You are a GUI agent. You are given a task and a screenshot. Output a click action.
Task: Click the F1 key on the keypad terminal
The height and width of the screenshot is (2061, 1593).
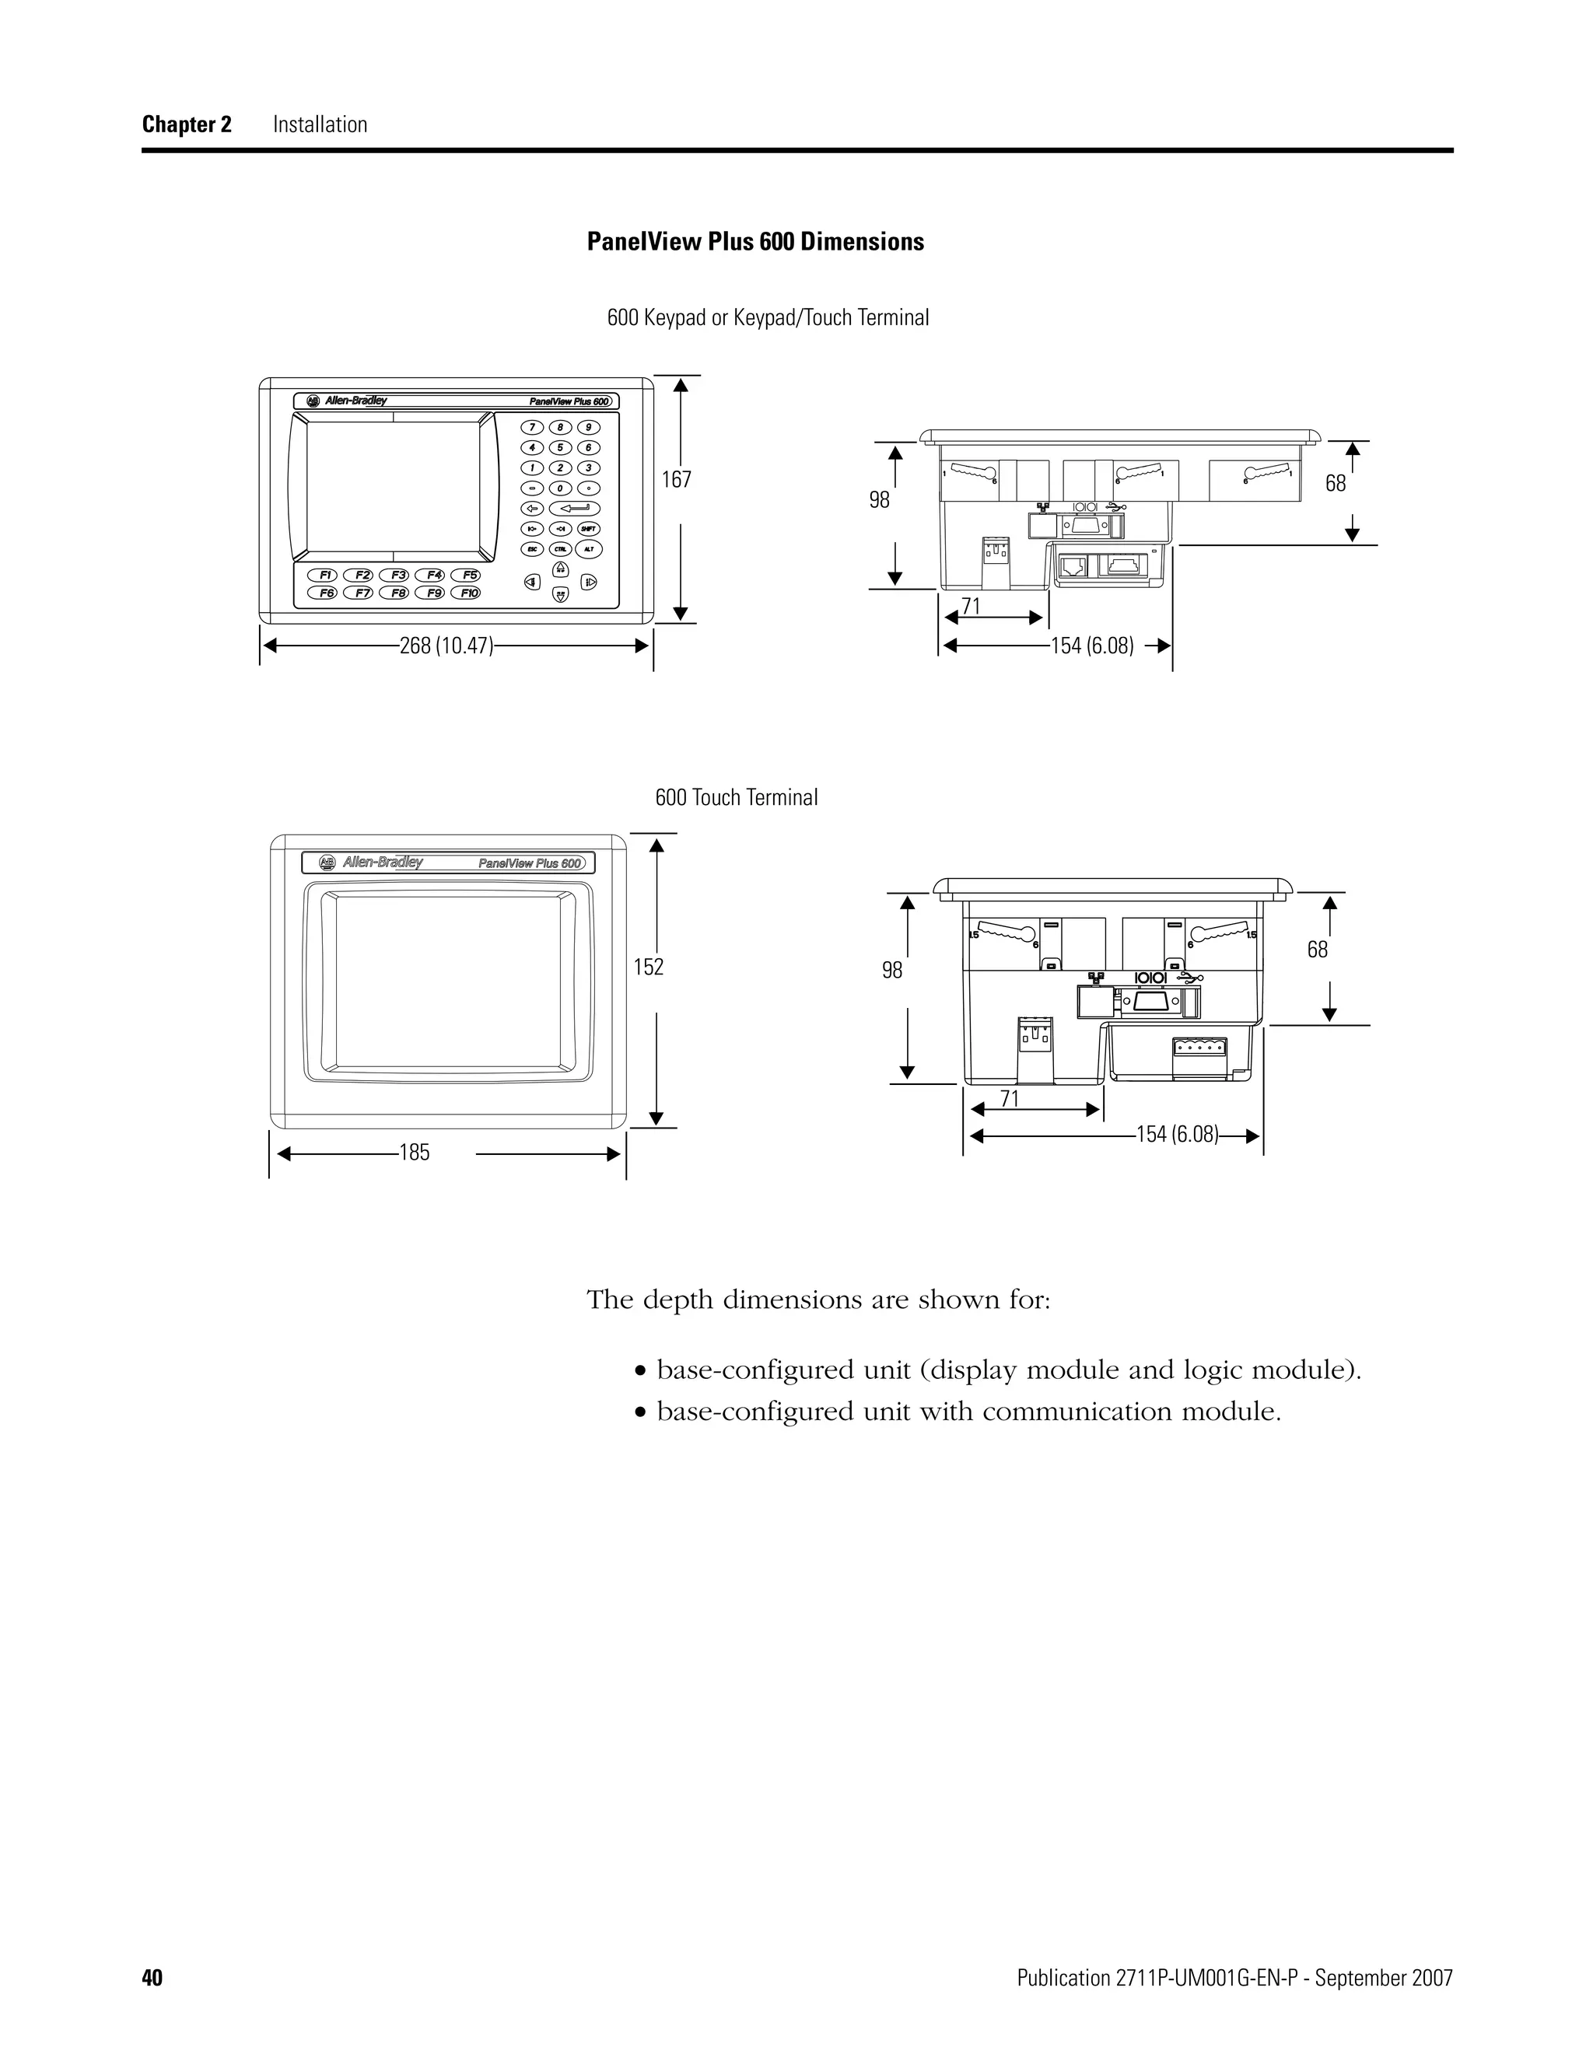(x=324, y=575)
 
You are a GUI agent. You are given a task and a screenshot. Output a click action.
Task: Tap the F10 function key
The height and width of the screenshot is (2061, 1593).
(x=466, y=593)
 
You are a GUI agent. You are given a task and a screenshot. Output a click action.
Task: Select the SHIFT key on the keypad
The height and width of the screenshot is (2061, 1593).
(x=589, y=528)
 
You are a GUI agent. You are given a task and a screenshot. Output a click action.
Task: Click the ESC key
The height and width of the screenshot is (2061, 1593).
(x=532, y=548)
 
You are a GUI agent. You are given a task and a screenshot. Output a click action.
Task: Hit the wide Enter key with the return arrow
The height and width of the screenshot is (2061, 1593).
(x=575, y=508)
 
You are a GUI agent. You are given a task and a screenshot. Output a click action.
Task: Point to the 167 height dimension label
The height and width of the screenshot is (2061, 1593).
(x=676, y=479)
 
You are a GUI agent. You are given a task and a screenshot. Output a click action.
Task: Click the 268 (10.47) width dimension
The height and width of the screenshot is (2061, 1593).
(x=446, y=646)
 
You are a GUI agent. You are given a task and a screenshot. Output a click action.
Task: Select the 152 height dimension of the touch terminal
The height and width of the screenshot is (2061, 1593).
(x=649, y=966)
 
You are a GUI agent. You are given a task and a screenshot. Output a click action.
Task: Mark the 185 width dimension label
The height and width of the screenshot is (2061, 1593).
(x=415, y=1153)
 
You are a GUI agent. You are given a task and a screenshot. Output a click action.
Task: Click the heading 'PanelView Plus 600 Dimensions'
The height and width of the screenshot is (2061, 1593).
(x=755, y=242)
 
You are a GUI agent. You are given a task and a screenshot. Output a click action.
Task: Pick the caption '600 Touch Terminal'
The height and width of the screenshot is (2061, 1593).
(x=736, y=797)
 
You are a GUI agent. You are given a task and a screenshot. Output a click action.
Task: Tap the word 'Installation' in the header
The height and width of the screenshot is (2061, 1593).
(x=320, y=124)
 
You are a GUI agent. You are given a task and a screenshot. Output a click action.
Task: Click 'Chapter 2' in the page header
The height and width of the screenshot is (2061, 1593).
(x=187, y=124)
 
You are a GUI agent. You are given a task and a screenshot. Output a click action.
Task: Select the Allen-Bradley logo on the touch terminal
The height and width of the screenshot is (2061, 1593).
(x=373, y=862)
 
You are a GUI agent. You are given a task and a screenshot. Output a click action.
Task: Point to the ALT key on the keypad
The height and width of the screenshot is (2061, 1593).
(x=589, y=548)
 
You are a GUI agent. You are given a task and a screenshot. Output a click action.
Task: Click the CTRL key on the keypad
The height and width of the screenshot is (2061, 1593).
(x=561, y=548)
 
